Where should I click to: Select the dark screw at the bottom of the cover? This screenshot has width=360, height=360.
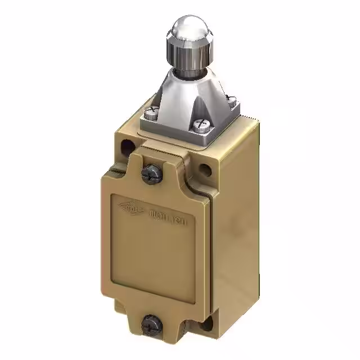tap(151, 323)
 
